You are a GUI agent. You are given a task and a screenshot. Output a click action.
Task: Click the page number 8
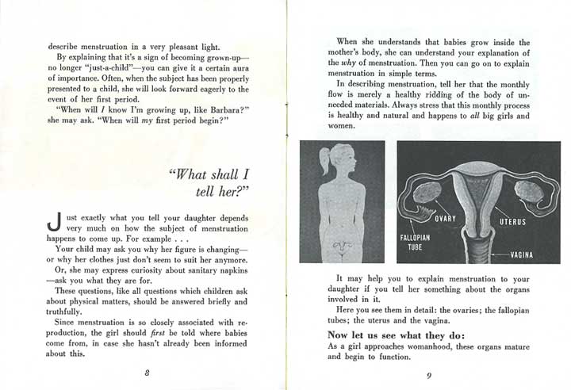[x=148, y=371]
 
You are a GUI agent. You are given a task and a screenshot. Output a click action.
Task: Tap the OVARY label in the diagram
[x=447, y=216]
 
